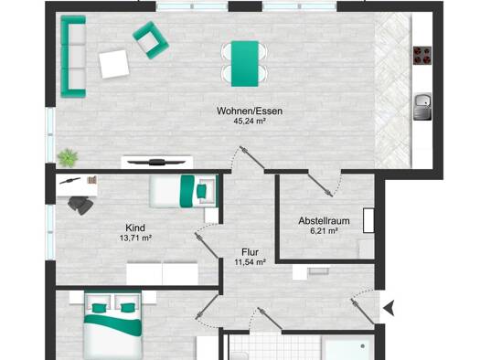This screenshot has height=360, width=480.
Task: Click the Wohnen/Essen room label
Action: click(250, 111)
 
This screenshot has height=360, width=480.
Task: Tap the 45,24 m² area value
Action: click(250, 122)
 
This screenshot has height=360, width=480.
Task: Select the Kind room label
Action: click(135, 228)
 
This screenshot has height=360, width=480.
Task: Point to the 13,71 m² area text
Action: click(136, 238)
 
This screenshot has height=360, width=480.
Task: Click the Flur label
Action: click(251, 252)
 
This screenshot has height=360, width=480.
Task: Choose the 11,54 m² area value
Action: click(251, 262)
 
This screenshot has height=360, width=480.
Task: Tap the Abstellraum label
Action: click(325, 220)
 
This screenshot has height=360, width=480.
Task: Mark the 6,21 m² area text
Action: click(325, 230)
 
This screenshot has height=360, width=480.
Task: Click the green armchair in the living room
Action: click(151, 40)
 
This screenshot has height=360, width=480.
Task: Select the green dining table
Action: click(245, 64)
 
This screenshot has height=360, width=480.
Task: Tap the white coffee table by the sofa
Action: click(114, 64)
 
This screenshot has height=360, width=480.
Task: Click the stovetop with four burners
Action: click(422, 56)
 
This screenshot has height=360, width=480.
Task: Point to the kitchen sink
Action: click(422, 106)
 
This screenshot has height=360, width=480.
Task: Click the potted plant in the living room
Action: click(68, 157)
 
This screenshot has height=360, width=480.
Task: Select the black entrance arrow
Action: click(389, 308)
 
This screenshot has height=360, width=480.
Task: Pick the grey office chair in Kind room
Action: click(80, 205)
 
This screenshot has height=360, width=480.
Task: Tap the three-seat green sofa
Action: click(73, 57)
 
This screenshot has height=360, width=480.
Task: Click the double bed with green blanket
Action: click(113, 326)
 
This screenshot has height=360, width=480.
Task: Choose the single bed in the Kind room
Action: click(184, 191)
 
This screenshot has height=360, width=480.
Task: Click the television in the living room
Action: click(156, 162)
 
